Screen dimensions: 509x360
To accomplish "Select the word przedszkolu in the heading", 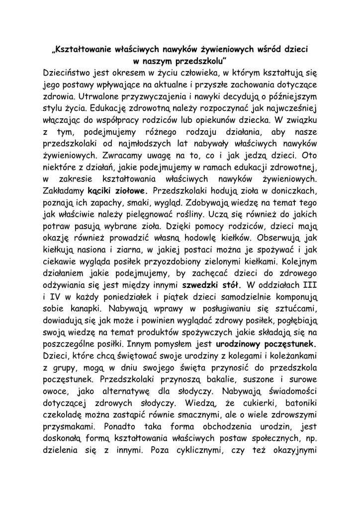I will [201, 62].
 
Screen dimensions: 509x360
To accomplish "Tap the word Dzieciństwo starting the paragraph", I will [71, 73].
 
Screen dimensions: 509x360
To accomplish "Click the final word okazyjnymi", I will [291, 450].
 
